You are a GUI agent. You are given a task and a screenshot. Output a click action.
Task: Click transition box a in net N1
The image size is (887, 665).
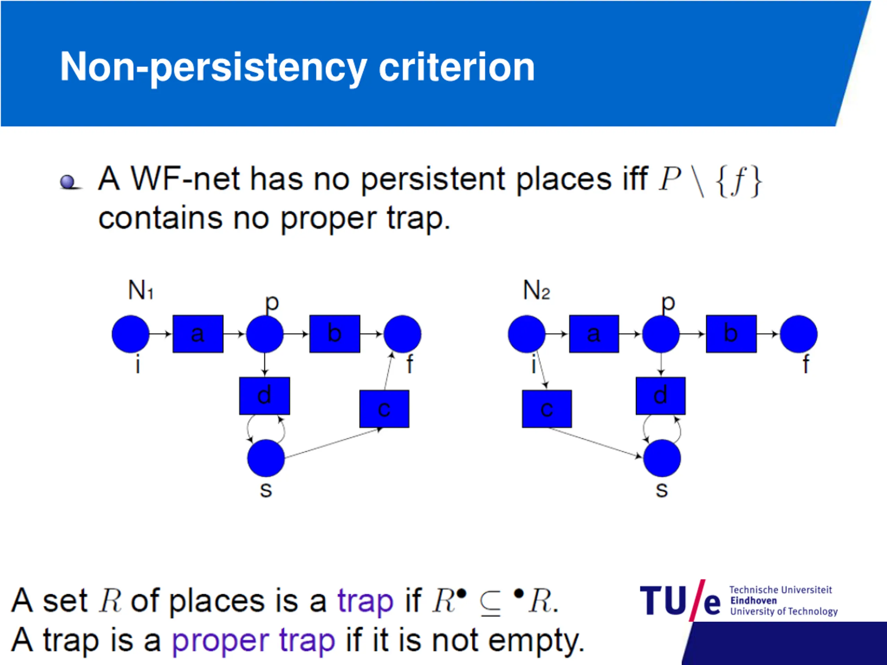(x=198, y=334)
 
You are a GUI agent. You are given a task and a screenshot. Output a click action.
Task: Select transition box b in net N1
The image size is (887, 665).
(x=334, y=334)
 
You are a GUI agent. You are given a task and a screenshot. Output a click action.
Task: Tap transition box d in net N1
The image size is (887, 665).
(x=264, y=396)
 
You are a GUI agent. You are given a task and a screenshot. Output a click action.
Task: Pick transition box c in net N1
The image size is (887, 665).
(x=384, y=408)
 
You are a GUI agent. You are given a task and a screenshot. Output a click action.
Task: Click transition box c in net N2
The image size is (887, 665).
(x=546, y=408)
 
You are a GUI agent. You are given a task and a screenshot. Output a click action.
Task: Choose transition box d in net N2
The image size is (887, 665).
(x=660, y=396)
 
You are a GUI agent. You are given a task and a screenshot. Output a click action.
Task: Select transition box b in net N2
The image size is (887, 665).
(x=731, y=334)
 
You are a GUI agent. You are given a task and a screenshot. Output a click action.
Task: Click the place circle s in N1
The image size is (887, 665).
(x=266, y=458)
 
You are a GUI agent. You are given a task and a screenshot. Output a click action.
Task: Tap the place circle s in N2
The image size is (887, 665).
(x=662, y=458)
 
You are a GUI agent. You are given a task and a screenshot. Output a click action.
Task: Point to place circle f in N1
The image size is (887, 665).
(x=402, y=334)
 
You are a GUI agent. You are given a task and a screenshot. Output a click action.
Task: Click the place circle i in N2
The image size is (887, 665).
(x=527, y=334)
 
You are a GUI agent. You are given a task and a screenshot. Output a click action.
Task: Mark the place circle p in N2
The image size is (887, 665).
(x=661, y=334)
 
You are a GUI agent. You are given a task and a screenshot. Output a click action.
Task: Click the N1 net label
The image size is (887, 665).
(x=140, y=290)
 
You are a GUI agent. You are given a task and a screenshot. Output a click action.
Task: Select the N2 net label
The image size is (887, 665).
(x=536, y=290)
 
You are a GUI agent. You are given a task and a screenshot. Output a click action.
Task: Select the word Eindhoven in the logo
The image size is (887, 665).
(x=753, y=601)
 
